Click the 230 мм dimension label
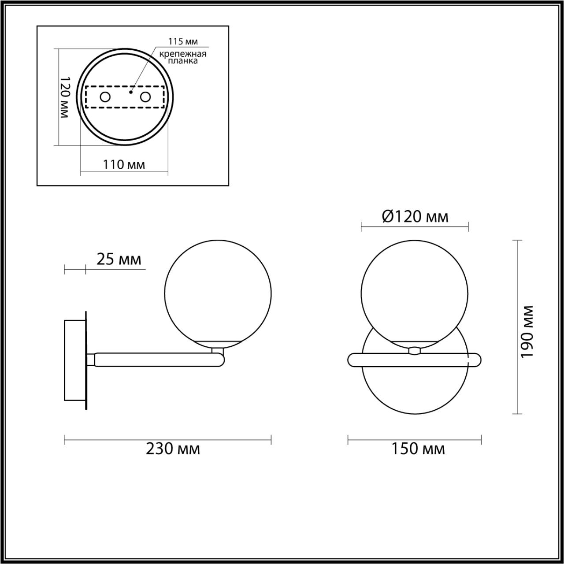click(x=173, y=449)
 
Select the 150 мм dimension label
click(x=418, y=449)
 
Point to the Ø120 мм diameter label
click(x=415, y=216)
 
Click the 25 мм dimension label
click(x=119, y=260)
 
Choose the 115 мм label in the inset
click(x=183, y=42)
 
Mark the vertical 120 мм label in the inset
click(x=64, y=97)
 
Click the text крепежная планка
click(x=183, y=58)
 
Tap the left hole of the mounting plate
click(x=105, y=97)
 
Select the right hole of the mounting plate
click(x=145, y=97)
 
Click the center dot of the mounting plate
click(x=130, y=93)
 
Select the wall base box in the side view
click(x=75, y=360)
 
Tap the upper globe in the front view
click(x=415, y=293)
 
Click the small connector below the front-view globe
click(x=415, y=350)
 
